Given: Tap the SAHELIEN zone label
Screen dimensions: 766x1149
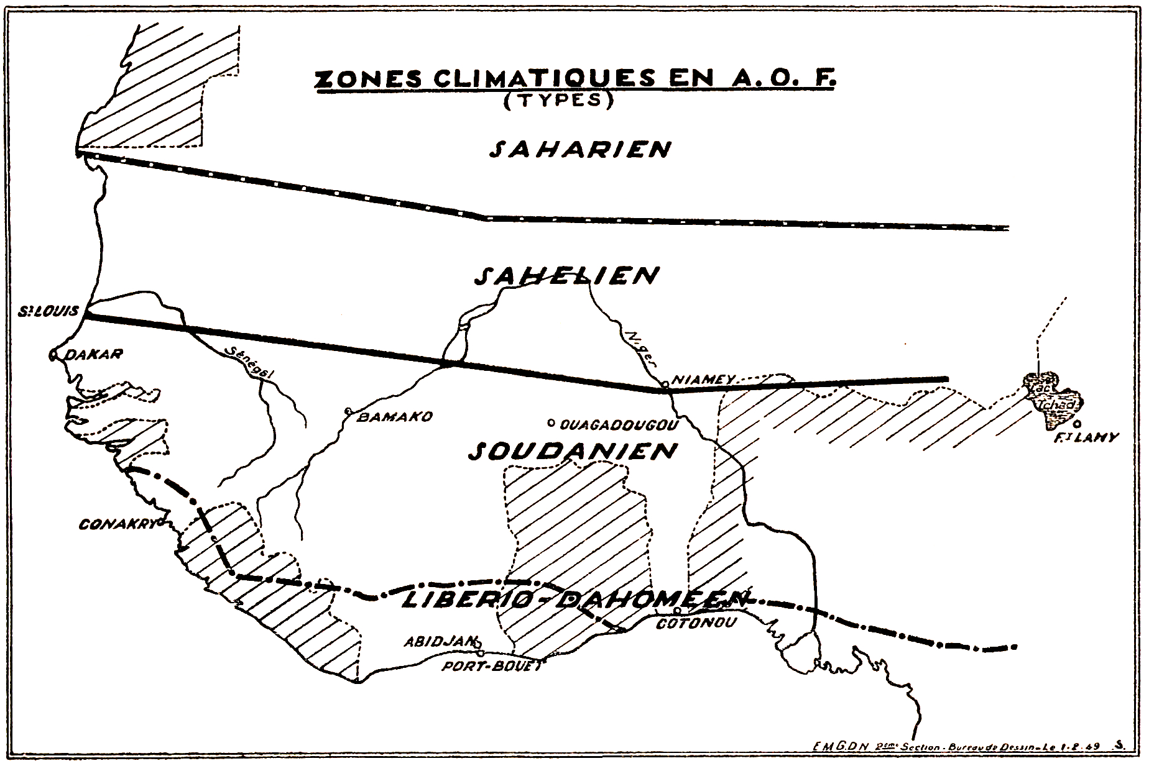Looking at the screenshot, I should (x=566, y=276).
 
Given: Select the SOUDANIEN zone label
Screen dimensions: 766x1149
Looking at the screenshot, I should (x=573, y=451).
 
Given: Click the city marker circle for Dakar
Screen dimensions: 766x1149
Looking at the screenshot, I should (x=54, y=355).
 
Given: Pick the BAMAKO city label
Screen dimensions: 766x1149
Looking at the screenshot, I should (x=394, y=417).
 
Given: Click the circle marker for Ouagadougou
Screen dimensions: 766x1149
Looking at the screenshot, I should (x=550, y=424).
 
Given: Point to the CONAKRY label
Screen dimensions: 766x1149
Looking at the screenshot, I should (x=116, y=525).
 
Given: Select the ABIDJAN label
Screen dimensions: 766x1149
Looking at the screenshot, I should (x=440, y=642).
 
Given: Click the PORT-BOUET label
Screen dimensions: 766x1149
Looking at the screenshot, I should (x=491, y=666).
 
